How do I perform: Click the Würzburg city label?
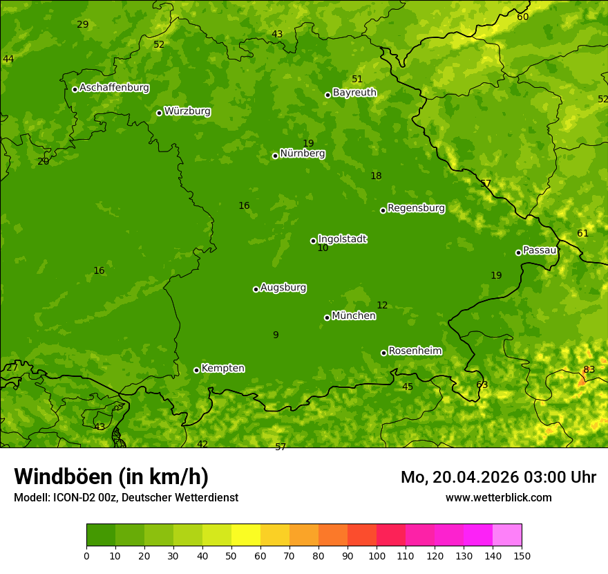coord(187,111)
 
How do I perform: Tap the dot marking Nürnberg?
coord(275,156)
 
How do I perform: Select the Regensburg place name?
coord(416,208)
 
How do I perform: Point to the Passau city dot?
coord(518,252)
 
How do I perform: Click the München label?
coord(354,316)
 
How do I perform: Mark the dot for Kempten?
coord(196,370)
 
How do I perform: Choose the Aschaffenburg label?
coord(114,88)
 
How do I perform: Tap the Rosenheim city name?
coord(415,351)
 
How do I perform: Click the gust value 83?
coord(589,369)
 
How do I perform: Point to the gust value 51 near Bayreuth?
coord(357,79)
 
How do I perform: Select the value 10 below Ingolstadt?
coord(323,248)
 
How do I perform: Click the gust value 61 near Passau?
coord(582,233)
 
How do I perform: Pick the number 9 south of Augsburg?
coord(276,335)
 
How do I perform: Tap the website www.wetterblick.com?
coord(498,497)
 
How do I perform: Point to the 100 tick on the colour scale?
coord(377,555)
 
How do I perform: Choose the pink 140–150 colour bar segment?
coord(507,535)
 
